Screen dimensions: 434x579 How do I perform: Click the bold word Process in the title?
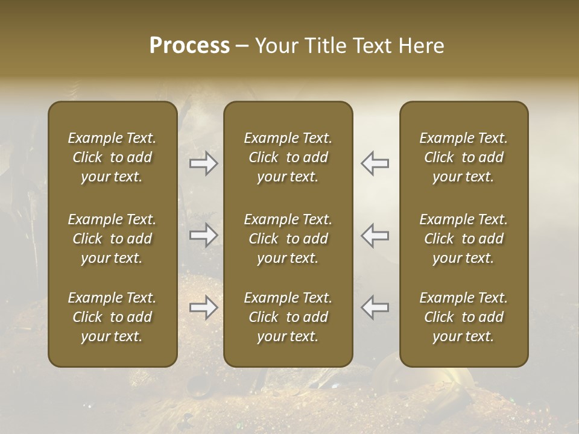click(x=189, y=46)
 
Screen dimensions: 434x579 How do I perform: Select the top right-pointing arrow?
click(x=204, y=163)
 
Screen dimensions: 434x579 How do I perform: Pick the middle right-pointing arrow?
click(x=204, y=235)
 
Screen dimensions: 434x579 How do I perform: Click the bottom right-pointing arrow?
click(x=204, y=307)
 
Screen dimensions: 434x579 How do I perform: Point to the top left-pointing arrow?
click(x=375, y=163)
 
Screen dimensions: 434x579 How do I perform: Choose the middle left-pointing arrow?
click(x=375, y=235)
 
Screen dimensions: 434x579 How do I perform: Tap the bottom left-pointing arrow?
click(x=375, y=307)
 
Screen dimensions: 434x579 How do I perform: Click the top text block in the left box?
click(x=112, y=157)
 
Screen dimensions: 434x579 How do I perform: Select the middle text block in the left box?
click(x=112, y=239)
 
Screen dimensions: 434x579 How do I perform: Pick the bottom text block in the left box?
click(x=112, y=317)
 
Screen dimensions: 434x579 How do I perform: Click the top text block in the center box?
click(x=288, y=157)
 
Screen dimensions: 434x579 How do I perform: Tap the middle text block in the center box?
click(x=288, y=239)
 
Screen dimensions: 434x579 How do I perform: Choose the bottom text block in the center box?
click(x=288, y=317)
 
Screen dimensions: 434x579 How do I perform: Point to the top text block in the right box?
click(x=464, y=157)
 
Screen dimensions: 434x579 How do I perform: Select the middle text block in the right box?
click(x=464, y=239)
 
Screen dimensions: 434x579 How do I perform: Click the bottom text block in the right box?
click(x=464, y=317)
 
